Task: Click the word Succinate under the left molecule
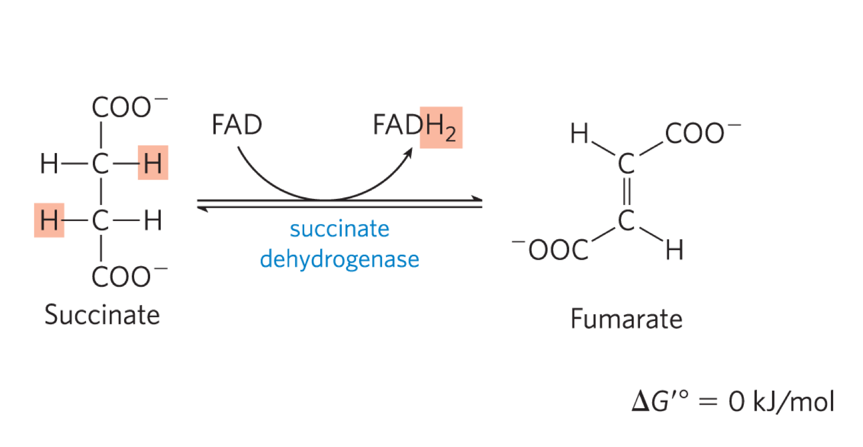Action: (x=102, y=315)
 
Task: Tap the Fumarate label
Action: (x=626, y=319)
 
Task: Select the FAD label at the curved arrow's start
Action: (x=236, y=125)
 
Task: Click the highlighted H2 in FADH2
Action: (x=441, y=128)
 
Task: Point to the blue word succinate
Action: (x=339, y=229)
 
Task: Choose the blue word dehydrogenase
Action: (x=339, y=259)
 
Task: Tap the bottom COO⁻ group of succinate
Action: (x=128, y=276)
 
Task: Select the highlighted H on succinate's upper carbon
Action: (x=152, y=163)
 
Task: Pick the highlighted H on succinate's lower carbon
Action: (x=49, y=220)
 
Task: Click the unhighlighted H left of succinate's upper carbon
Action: (x=49, y=164)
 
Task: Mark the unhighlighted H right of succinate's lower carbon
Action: (x=152, y=220)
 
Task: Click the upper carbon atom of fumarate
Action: (x=626, y=164)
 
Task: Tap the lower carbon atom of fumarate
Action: (x=626, y=220)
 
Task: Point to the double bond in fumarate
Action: (x=626, y=192)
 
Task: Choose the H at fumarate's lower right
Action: (x=675, y=250)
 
